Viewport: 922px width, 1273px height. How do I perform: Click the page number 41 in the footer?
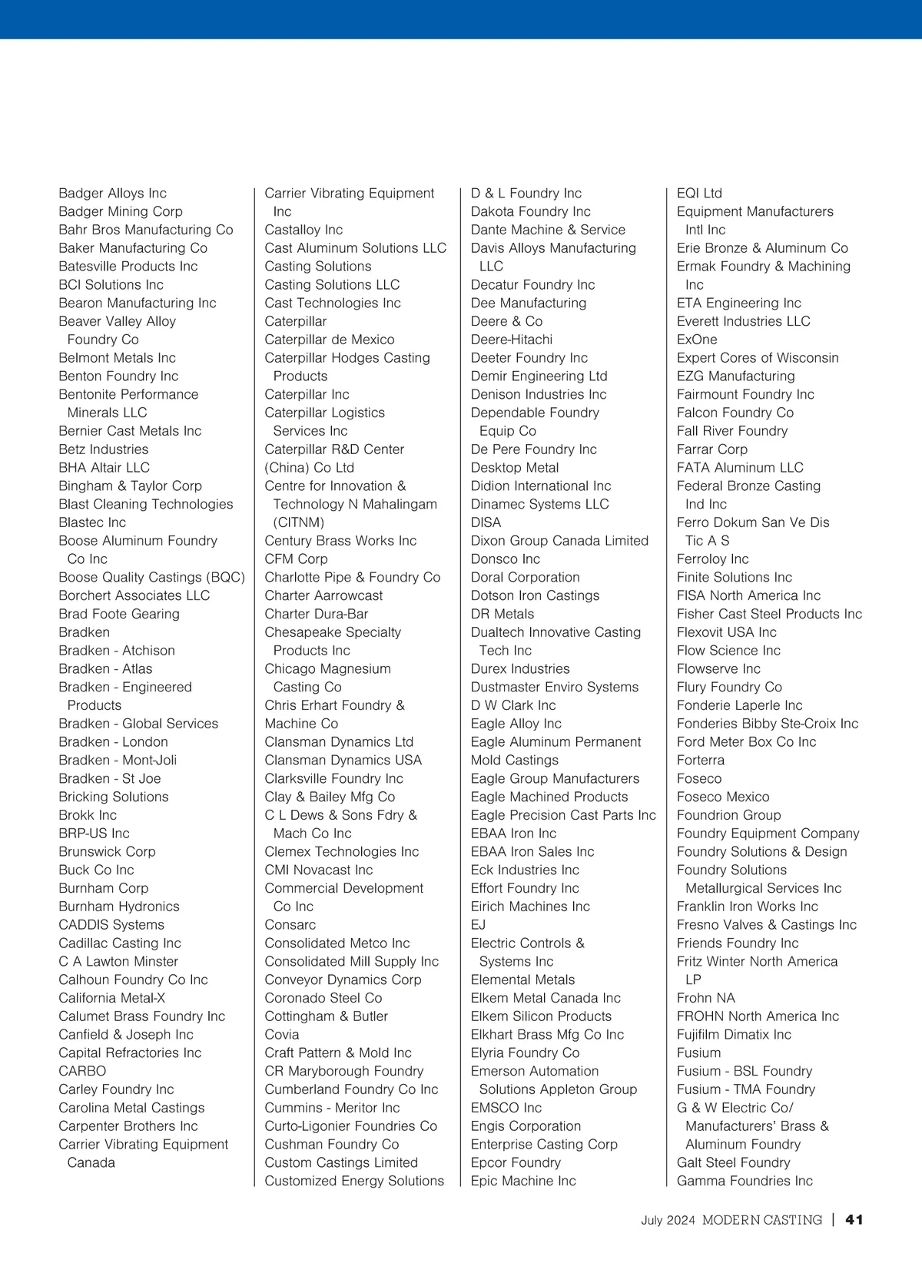coord(854,1220)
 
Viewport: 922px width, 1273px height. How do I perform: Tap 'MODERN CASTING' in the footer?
coord(761,1220)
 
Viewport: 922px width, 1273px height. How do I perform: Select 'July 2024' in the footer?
coord(668,1220)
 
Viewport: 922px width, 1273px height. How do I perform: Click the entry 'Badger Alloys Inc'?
coord(112,194)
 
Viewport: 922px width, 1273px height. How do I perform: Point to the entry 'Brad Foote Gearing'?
coord(119,614)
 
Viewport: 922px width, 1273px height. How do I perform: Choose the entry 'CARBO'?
coord(82,1071)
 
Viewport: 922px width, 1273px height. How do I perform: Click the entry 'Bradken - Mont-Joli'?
coord(118,760)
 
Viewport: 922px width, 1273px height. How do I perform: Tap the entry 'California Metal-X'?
coord(111,998)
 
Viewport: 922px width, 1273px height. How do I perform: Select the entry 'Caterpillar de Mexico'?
coord(329,340)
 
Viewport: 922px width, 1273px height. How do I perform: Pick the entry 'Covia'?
coord(281,1035)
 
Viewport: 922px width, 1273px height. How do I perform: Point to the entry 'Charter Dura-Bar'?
coord(316,614)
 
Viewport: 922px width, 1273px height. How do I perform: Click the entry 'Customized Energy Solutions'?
coord(353,1181)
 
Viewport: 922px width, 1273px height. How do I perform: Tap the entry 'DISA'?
coord(486,522)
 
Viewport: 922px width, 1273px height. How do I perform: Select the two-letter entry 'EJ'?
coord(478,925)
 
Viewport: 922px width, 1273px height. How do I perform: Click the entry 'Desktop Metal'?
coord(514,468)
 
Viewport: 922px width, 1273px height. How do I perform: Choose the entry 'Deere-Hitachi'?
coord(511,340)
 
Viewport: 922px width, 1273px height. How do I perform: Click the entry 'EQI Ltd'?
coord(699,194)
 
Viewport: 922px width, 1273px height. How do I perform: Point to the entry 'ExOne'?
coord(697,340)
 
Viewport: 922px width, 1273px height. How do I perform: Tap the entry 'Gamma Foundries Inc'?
coord(744,1181)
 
